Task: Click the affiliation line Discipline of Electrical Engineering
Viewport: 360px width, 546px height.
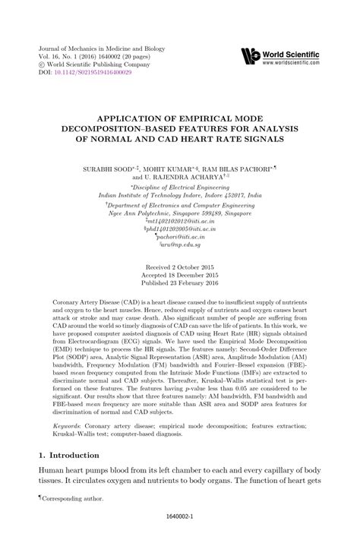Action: pyautogui.click(x=179, y=185)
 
